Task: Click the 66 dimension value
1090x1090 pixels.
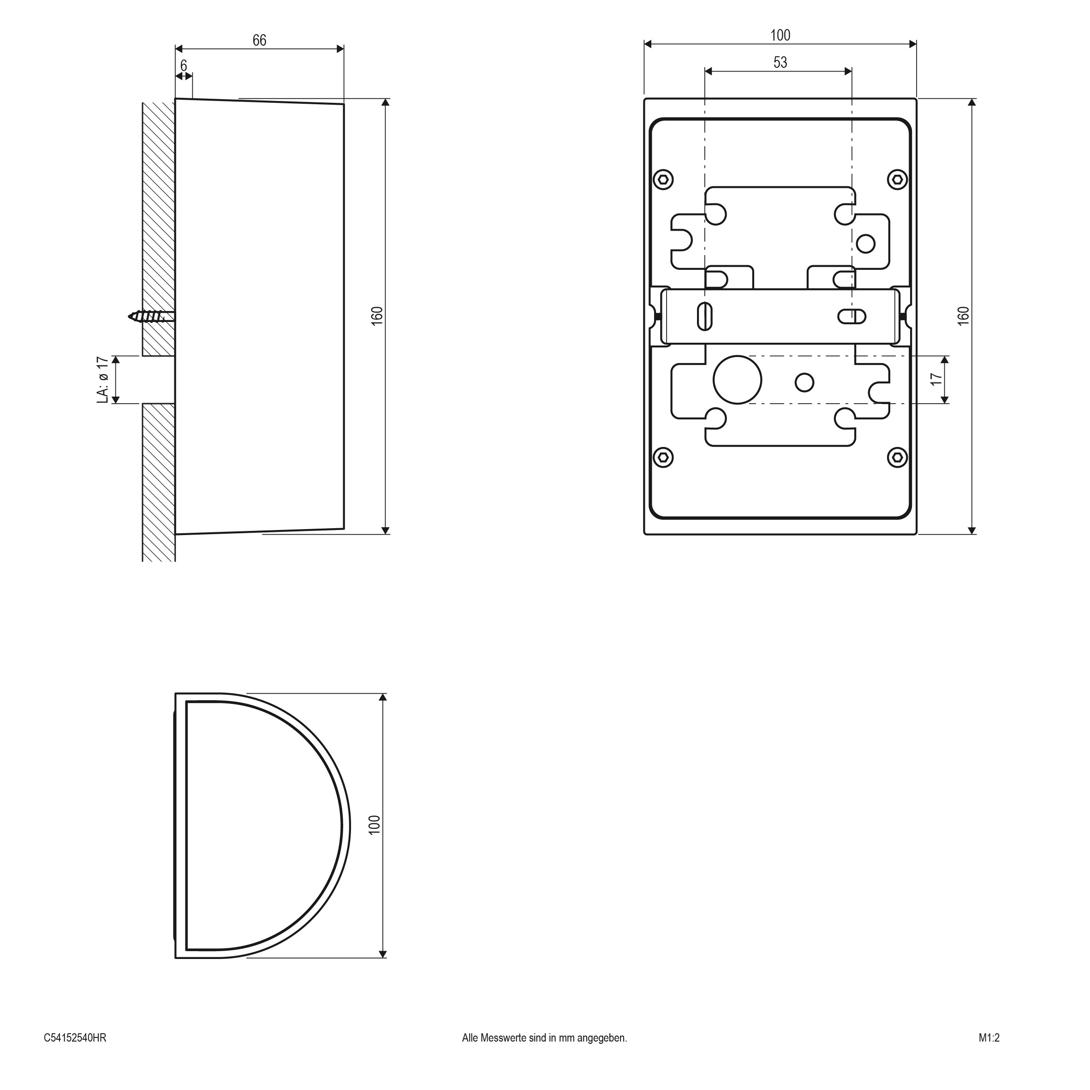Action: pyautogui.click(x=259, y=40)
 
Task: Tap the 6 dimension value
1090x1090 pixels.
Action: pyautogui.click(x=184, y=66)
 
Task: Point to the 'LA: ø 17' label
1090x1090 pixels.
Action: pyautogui.click(x=102, y=380)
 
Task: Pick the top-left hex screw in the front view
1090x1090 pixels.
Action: pyautogui.click(x=663, y=180)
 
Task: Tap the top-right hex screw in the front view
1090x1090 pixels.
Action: pyautogui.click(x=897, y=180)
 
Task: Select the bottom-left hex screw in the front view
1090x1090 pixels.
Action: pyautogui.click(x=663, y=457)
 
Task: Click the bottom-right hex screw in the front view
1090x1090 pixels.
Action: pyautogui.click(x=897, y=457)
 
